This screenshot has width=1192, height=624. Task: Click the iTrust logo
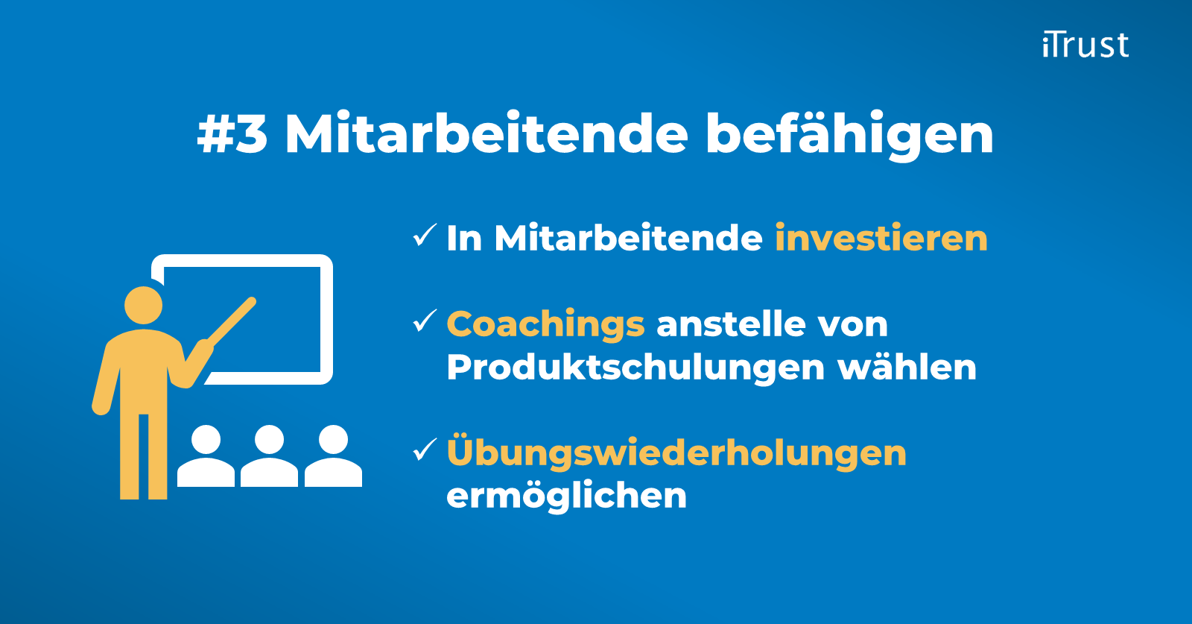click(x=1085, y=45)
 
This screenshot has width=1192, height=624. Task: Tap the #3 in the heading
click(x=232, y=134)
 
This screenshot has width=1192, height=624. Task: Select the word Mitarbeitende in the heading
click(x=486, y=134)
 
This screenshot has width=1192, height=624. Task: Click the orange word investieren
click(x=881, y=239)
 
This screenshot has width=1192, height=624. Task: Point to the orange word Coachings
click(x=545, y=325)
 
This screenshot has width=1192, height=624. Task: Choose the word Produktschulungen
click(x=635, y=368)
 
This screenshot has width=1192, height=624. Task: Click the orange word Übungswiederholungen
click(x=676, y=453)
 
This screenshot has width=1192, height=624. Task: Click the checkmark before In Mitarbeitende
click(x=425, y=236)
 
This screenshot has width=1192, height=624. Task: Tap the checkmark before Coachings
click(x=425, y=321)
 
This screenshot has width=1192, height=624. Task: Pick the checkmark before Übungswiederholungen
click(x=425, y=450)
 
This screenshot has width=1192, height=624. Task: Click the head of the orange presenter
click(x=143, y=306)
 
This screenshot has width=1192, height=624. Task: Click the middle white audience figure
click(x=269, y=456)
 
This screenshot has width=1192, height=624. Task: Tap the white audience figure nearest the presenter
click(x=206, y=456)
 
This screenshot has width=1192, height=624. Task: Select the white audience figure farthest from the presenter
click(x=333, y=456)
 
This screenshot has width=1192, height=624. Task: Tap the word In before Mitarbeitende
click(x=464, y=239)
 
